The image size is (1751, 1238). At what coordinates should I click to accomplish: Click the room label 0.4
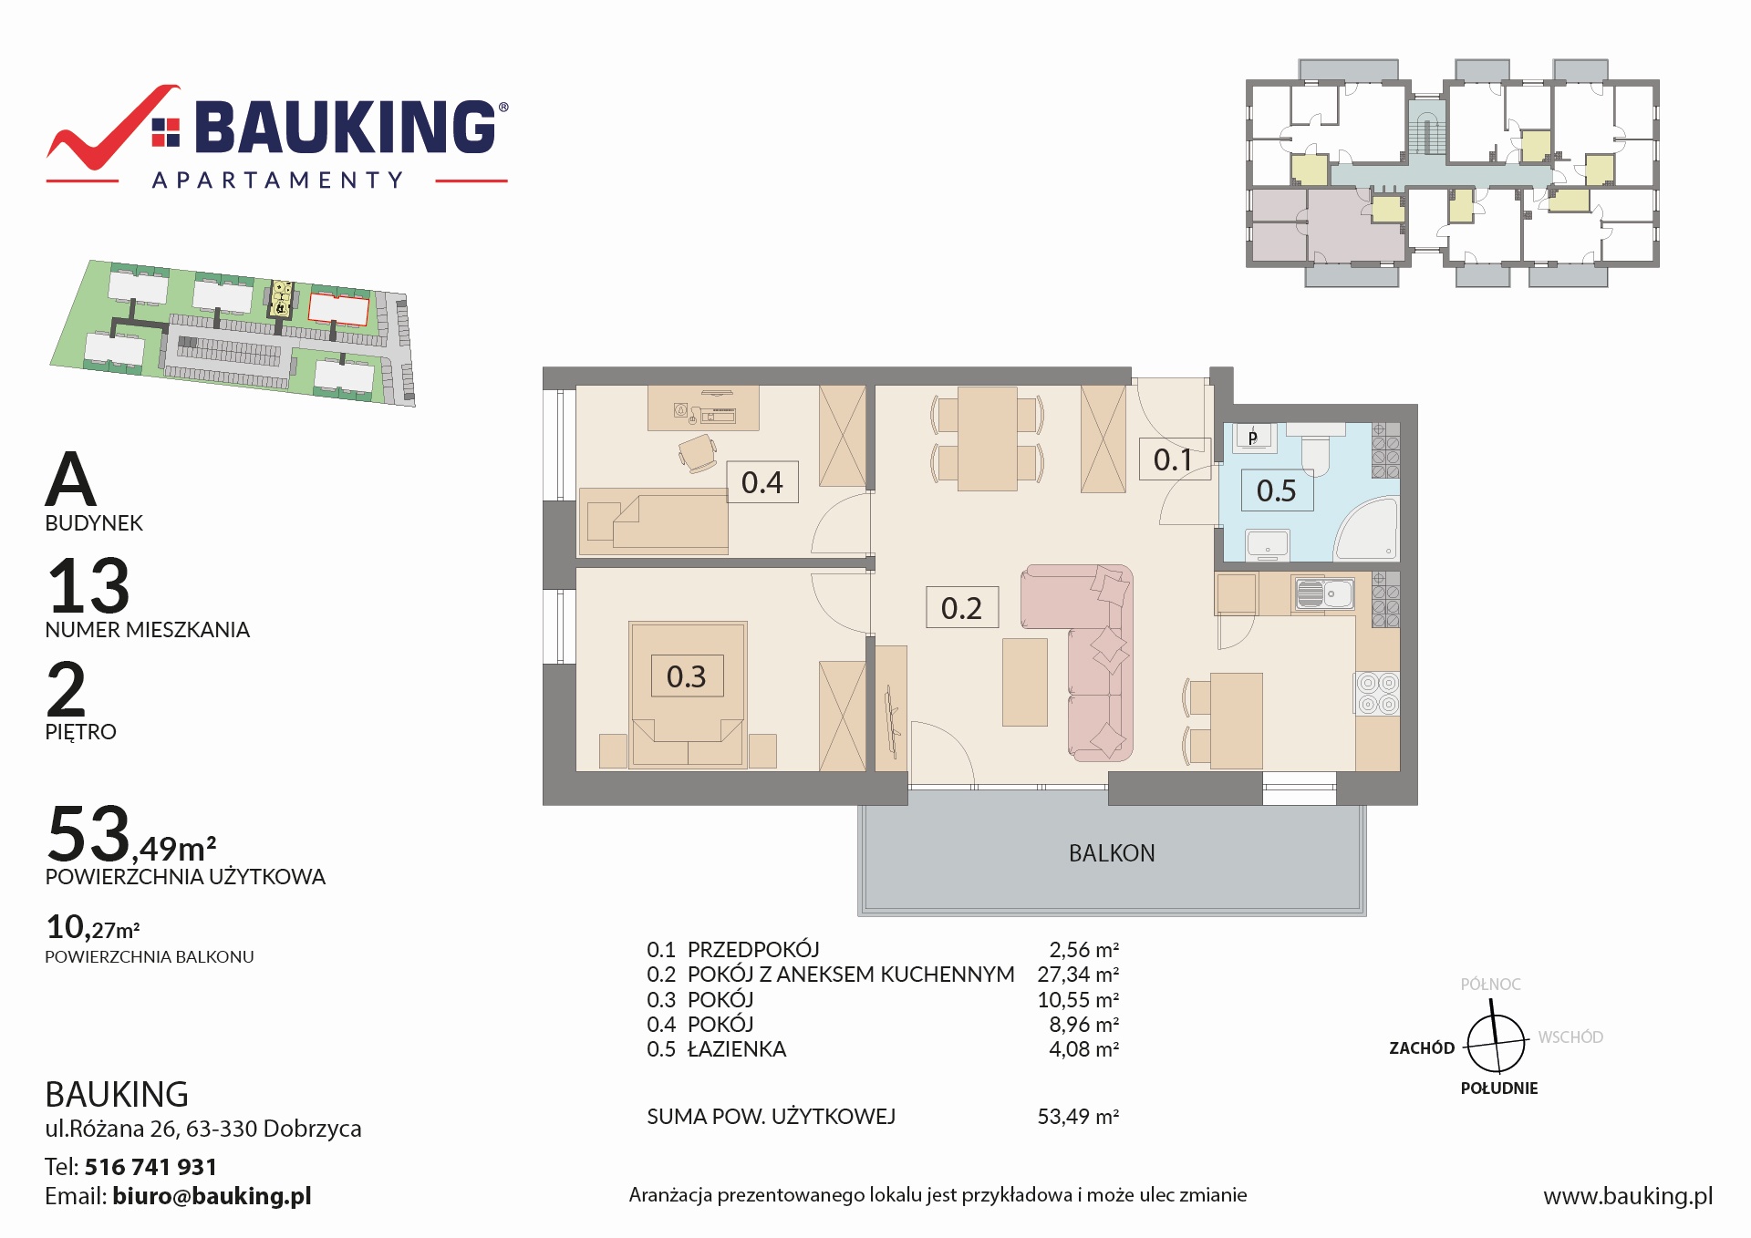point(762,482)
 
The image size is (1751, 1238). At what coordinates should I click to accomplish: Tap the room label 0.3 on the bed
point(687,676)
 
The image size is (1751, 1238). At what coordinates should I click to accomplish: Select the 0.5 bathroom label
point(1277,490)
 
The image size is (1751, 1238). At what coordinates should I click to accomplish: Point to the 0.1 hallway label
point(1174,459)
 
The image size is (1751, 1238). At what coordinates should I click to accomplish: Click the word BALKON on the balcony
point(1112,853)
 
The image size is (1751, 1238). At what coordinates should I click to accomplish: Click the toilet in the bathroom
point(1315,453)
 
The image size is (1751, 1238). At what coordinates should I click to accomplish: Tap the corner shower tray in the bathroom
point(1367,528)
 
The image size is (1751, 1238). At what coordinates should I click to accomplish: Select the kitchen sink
point(1323,594)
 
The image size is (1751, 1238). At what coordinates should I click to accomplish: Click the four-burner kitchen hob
point(1377,693)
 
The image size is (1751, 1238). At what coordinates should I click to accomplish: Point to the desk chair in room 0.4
point(698,453)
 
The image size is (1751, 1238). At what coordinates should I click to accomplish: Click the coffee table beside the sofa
point(1025,682)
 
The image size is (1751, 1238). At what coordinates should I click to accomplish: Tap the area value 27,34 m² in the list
point(1078,975)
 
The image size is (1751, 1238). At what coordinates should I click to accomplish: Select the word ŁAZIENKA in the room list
point(737,1049)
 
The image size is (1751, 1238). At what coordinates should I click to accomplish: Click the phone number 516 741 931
point(150,1167)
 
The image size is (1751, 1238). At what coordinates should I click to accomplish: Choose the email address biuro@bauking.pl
point(212,1196)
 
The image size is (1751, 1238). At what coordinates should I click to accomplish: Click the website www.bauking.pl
point(1628,1196)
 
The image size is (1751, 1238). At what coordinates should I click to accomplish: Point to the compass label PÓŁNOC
point(1490,985)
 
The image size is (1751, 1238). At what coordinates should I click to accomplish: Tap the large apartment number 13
point(88,585)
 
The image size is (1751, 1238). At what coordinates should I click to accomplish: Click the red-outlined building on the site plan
point(339,308)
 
